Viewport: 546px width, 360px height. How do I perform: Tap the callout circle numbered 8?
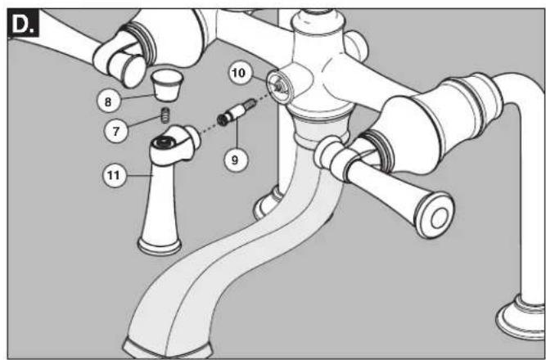(x=108, y=102)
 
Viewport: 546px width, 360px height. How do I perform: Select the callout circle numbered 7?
(x=116, y=131)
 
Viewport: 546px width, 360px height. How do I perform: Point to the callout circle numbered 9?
(x=236, y=160)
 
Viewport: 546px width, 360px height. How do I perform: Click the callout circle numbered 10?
(x=239, y=74)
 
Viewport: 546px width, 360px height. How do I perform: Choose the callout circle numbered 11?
(x=114, y=175)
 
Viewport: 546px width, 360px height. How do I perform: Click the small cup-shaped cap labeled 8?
(x=168, y=84)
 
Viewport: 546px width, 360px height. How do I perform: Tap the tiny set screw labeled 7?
(x=166, y=115)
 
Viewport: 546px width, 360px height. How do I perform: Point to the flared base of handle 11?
(x=160, y=245)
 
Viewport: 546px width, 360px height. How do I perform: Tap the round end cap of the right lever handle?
(x=435, y=215)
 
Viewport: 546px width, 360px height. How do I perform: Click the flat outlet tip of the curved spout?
(x=169, y=349)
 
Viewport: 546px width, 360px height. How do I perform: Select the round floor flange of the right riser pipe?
(x=521, y=318)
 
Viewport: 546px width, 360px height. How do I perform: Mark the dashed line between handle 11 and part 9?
(x=209, y=128)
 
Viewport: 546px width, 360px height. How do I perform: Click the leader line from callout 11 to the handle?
(x=139, y=175)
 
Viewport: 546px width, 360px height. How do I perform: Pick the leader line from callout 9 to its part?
(x=237, y=133)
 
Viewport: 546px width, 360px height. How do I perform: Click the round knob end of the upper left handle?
(x=129, y=71)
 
